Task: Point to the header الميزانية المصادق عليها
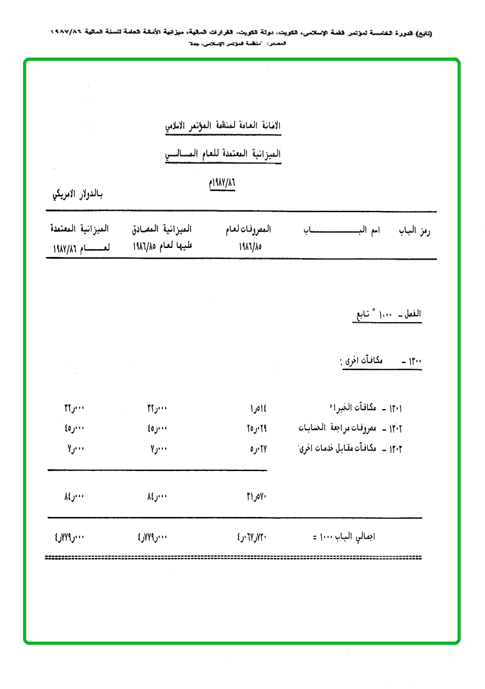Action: [161, 236]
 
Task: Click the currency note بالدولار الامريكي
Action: [76, 194]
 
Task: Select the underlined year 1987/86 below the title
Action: [218, 182]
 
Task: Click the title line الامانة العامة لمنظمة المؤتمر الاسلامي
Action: [223, 126]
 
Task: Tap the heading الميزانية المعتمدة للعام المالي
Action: [223, 155]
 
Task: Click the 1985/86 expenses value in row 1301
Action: [258, 408]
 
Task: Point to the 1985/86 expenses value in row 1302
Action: [257, 428]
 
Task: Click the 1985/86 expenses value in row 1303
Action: [258, 449]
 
